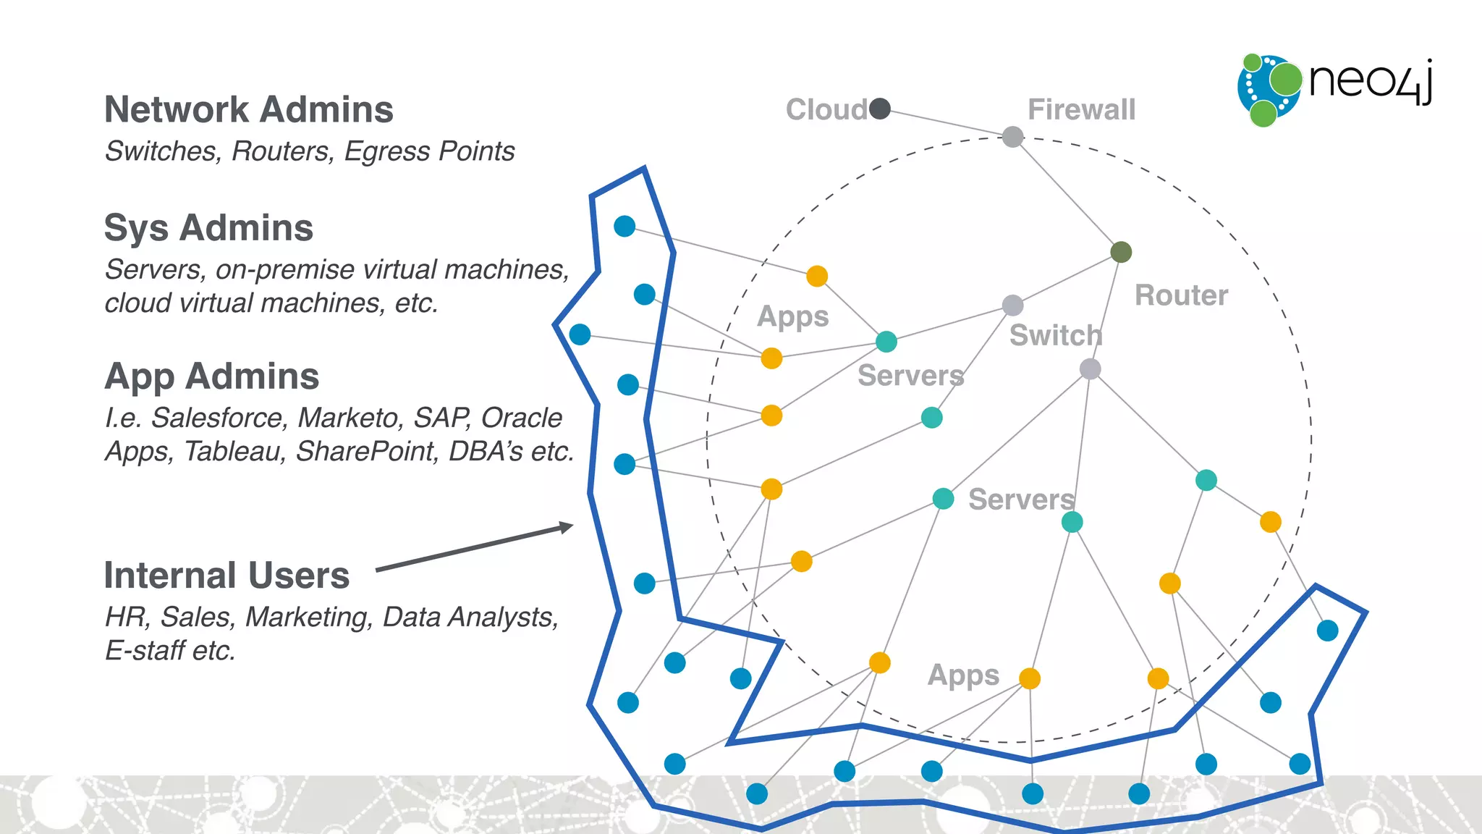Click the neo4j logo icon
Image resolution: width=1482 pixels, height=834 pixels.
[1269, 89]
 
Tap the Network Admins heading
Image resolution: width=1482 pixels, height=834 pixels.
[249, 110]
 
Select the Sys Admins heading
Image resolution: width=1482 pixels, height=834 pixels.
[208, 228]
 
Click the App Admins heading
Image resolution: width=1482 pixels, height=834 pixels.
[211, 376]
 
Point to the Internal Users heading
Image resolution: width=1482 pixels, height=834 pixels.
[226, 576]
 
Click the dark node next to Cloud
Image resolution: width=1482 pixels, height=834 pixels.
[880, 109]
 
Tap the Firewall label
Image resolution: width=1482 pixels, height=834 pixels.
[1081, 110]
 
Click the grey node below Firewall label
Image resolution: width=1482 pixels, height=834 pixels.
[1012, 136]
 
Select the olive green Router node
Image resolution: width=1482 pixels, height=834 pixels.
[1120, 252]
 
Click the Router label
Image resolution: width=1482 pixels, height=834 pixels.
[1181, 295]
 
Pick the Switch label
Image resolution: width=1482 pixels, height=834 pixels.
[1055, 336]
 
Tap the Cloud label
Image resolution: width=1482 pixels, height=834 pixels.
[826, 110]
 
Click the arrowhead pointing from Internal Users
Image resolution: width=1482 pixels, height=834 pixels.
[567, 527]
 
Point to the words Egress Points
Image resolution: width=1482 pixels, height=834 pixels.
[429, 151]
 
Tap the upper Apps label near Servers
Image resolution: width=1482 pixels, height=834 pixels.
[792, 317]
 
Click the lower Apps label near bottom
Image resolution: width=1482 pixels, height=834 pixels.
[963, 675]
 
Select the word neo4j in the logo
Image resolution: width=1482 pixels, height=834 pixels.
[1370, 81]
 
